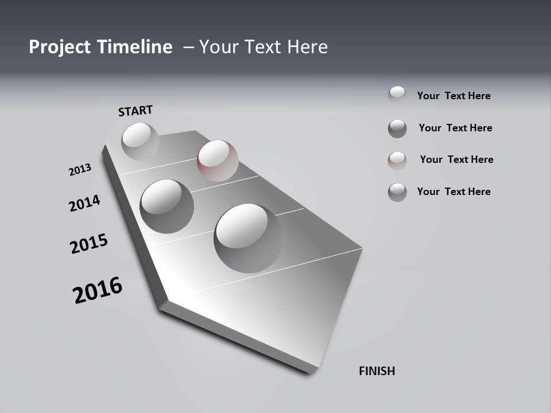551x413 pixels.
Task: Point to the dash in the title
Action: (188, 47)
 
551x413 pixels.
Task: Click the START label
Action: (135, 111)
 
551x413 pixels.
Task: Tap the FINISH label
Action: (377, 371)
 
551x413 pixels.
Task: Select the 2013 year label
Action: (80, 170)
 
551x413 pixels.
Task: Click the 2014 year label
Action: (84, 203)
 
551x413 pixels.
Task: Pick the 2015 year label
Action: (89, 244)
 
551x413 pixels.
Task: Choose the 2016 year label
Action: (98, 290)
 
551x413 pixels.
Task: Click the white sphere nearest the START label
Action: (140, 141)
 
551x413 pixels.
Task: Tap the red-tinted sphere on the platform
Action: (218, 160)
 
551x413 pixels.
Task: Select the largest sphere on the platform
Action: (248, 237)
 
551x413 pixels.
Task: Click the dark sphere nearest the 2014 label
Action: (166, 206)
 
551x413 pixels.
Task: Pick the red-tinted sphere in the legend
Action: (397, 161)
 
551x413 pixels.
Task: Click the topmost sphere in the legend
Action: (397, 95)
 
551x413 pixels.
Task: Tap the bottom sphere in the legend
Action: (397, 192)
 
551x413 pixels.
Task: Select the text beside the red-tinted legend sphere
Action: (456, 159)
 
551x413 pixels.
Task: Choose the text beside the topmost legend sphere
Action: (453, 96)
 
